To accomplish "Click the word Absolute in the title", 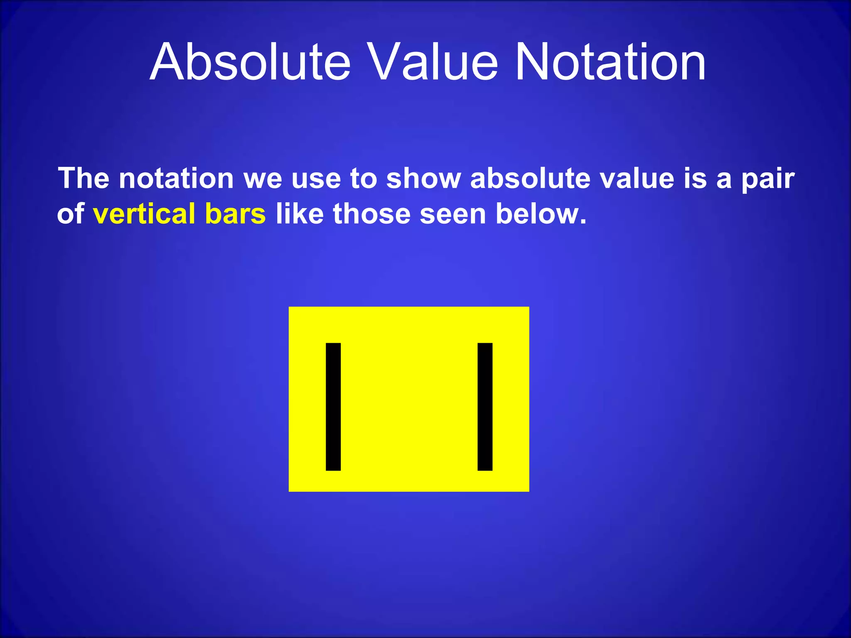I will tap(251, 62).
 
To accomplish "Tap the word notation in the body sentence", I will tap(176, 179).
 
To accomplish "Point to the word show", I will tap(423, 179).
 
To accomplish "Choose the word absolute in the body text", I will tap(530, 179).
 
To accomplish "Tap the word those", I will tap(371, 214).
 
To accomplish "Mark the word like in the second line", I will tap(299, 214).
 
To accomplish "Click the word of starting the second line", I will tap(71, 214).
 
